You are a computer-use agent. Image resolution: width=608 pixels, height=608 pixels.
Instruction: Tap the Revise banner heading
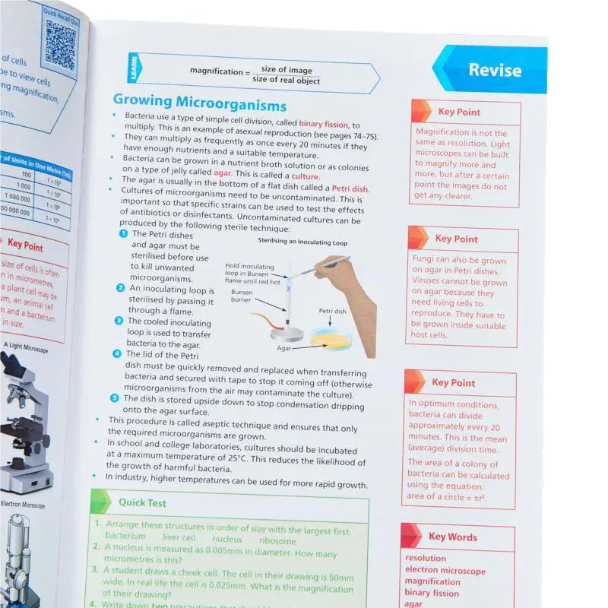click(494, 71)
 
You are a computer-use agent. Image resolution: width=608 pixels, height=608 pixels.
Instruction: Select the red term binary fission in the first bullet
click(325, 124)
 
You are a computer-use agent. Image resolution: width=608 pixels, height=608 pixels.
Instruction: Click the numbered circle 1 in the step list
click(124, 234)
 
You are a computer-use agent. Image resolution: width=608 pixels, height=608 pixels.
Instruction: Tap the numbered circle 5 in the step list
click(114, 397)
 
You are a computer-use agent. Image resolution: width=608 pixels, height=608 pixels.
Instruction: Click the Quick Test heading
click(141, 502)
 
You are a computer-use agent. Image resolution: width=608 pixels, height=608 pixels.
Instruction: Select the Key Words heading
click(452, 537)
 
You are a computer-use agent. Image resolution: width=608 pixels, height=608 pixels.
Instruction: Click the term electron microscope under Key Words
click(445, 571)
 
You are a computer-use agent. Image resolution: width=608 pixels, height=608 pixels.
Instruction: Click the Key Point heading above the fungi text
click(456, 239)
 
